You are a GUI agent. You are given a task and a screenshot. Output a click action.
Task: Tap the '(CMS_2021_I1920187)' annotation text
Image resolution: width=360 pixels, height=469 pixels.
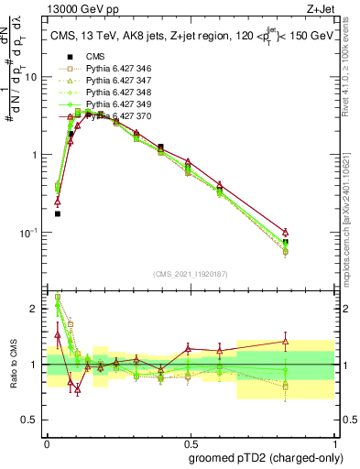(191, 274)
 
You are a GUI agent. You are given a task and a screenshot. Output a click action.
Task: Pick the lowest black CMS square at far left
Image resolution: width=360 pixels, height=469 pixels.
(58, 213)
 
